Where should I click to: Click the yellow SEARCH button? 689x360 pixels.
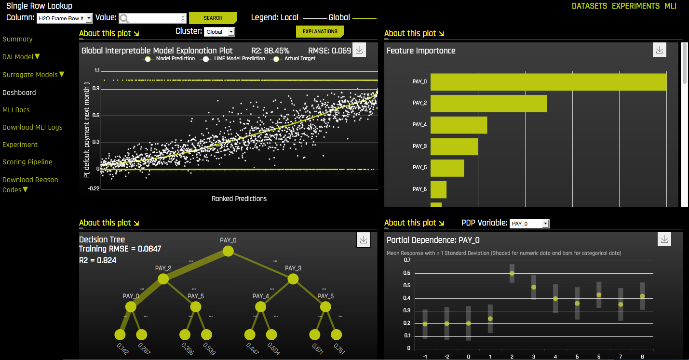213,18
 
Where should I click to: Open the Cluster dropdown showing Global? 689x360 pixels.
219,32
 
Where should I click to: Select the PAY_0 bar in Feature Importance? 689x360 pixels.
548,82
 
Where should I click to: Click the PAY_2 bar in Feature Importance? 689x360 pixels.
488,104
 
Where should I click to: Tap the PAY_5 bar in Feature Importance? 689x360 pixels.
447,168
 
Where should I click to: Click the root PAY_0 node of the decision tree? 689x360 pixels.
228,251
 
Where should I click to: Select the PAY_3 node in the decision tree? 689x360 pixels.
293,279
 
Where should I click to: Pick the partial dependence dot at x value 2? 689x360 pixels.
512,273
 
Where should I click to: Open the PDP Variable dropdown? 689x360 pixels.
529,224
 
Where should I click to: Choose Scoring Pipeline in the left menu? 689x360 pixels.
27,162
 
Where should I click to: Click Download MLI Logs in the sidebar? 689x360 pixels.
32,127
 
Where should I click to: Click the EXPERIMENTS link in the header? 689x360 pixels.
635,6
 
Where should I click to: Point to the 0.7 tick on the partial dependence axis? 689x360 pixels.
407,260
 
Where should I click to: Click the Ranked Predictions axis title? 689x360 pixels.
239,199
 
